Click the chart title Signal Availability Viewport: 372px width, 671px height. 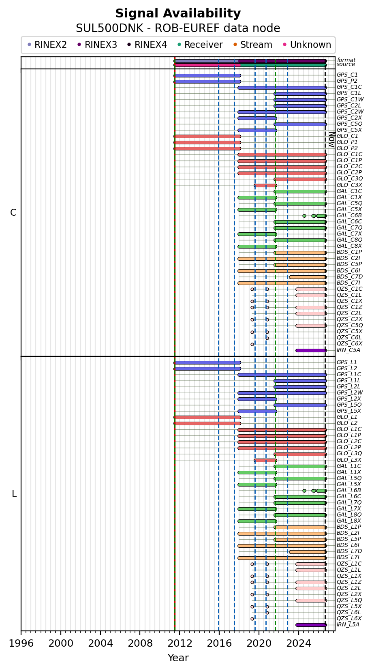178,13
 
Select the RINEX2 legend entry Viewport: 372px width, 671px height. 47,45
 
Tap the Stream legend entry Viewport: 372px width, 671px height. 253,45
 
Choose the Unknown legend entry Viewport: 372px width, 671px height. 307,45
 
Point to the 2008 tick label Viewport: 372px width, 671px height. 140,643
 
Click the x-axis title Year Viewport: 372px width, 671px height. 178,658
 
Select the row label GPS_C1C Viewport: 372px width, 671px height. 349,87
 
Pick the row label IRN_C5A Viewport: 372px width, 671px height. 348,350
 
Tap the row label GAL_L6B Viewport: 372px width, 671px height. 349,490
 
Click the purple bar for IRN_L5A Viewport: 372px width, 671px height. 311,625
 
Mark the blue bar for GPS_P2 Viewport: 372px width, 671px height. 207,81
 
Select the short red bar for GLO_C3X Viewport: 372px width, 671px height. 265,185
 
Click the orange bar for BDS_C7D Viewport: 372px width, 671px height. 308,277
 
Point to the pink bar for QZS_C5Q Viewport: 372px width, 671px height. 311,326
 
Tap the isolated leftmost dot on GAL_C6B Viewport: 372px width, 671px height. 304,216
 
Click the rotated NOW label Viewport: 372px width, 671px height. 331,139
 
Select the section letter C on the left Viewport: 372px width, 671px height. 13,212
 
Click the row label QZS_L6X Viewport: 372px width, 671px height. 349,618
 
